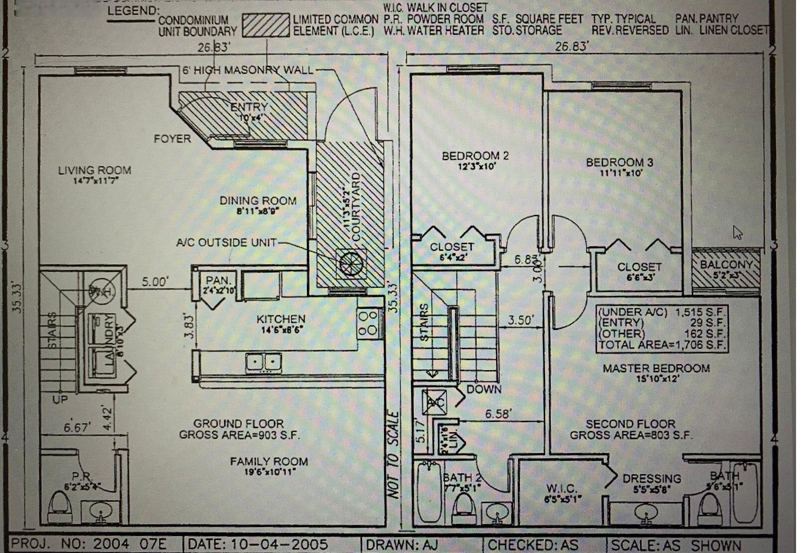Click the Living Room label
click(x=95, y=171)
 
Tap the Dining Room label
click(x=258, y=201)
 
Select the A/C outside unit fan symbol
click(x=351, y=263)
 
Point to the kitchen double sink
click(x=264, y=362)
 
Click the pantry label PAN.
click(x=218, y=281)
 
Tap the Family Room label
click(x=269, y=462)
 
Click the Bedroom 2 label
click(x=475, y=156)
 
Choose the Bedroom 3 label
click(x=619, y=163)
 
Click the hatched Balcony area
click(x=726, y=269)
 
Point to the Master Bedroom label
click(x=656, y=369)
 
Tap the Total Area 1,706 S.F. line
click(x=662, y=345)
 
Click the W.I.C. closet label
click(x=561, y=489)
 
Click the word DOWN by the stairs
click(x=484, y=389)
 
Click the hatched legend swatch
click(x=266, y=25)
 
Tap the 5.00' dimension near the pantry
click(x=155, y=282)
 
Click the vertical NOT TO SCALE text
click(x=393, y=454)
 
